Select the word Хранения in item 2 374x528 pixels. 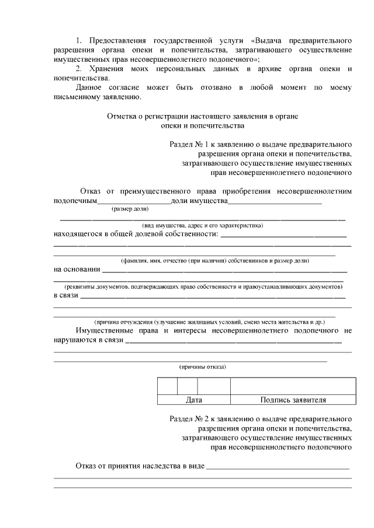(108, 69)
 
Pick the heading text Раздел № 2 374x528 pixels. (193, 419)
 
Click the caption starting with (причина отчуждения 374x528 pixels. (210, 322)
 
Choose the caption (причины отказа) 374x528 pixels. (202, 367)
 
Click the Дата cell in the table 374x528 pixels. (193, 400)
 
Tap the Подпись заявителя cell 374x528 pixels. (293, 400)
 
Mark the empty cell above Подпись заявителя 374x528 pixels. (293, 386)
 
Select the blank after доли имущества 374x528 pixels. (275, 202)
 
